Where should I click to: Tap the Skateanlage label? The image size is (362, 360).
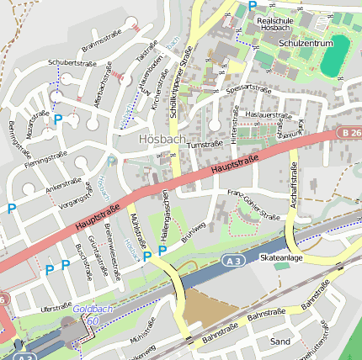tap(281, 258)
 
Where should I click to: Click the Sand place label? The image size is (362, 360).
tap(280, 341)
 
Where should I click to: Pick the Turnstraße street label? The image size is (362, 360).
tap(205, 145)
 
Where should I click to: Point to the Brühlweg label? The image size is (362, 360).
tap(194, 230)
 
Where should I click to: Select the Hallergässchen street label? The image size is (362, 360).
tap(167, 210)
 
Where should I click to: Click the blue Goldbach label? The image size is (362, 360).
tap(87, 310)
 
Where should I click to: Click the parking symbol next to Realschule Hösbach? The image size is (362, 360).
tap(252, 6)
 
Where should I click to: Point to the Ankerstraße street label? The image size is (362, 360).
tap(63, 185)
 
